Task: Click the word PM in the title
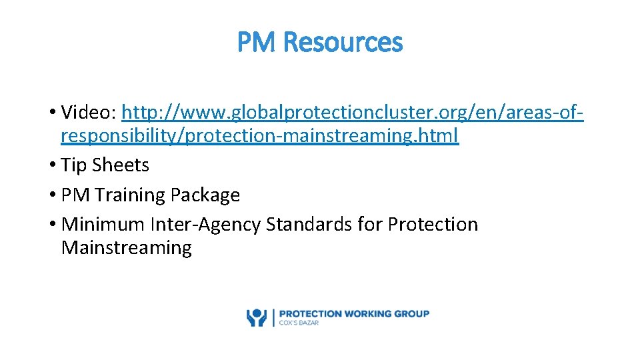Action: [257, 43]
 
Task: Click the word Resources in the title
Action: [343, 43]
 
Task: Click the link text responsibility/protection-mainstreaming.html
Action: [259, 136]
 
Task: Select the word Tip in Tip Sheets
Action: [74, 165]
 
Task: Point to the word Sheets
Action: [121, 165]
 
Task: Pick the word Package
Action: [205, 195]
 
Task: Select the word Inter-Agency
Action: [206, 225]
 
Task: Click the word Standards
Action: [309, 225]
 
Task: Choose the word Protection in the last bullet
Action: [433, 225]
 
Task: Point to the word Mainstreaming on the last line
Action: [126, 248]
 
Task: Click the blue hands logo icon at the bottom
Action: [257, 317]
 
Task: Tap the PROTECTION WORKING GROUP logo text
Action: [354, 313]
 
